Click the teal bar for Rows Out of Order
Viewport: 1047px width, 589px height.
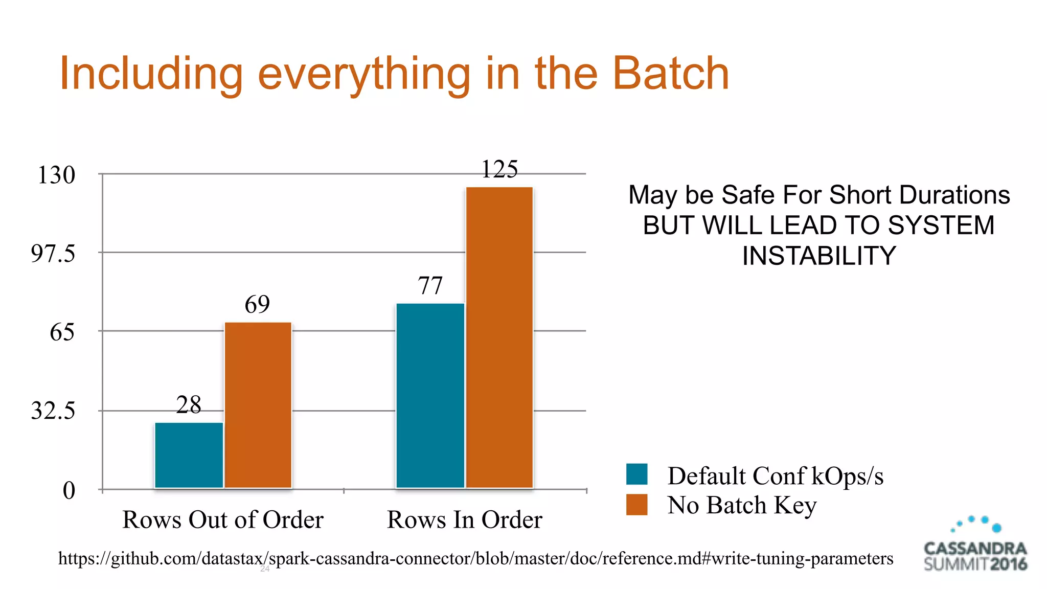pos(189,455)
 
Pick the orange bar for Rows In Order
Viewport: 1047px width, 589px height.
pos(499,337)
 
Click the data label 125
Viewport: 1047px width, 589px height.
pos(499,169)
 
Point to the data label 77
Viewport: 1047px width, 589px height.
pos(430,286)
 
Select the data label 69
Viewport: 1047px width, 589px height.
pos(257,305)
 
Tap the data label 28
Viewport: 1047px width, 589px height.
pos(189,405)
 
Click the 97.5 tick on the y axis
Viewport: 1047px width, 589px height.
pos(53,254)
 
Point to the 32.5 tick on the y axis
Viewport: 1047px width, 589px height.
pos(53,411)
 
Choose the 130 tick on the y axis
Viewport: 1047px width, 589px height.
pos(56,175)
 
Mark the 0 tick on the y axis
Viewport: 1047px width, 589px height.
pos(69,491)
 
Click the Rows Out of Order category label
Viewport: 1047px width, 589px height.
pos(223,520)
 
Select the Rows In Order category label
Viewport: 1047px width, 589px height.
pos(464,520)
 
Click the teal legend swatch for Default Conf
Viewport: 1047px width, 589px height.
pos(636,474)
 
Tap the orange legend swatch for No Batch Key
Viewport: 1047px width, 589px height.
pos(636,505)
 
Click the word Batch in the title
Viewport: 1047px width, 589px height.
pos(670,74)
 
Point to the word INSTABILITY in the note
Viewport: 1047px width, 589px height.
pos(819,256)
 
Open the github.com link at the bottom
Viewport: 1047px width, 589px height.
pos(475,558)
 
